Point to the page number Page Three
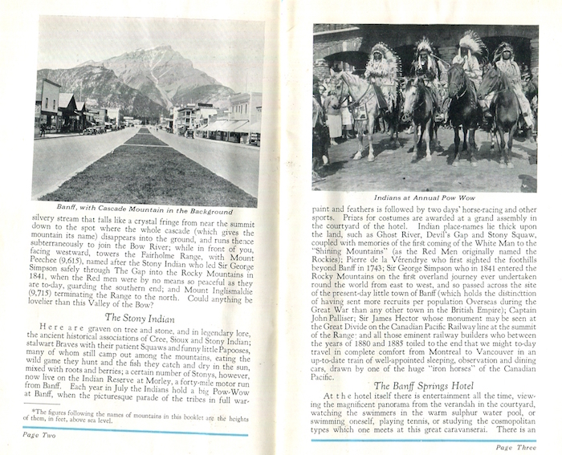(515, 445)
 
